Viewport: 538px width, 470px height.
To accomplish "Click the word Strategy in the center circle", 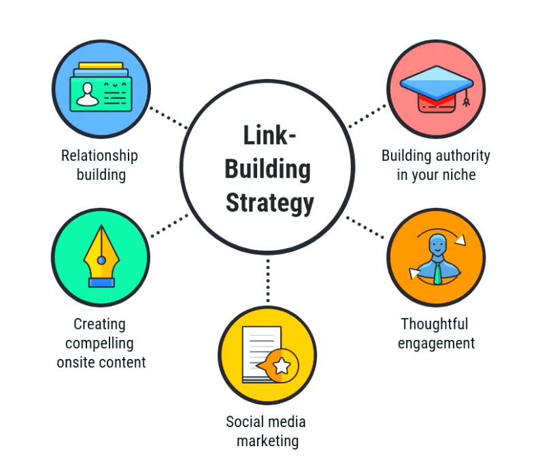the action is click(x=270, y=203).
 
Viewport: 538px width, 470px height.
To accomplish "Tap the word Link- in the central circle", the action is click(x=269, y=136).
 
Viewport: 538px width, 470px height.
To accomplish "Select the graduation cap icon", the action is click(x=437, y=89).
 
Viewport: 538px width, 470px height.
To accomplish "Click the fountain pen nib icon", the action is click(x=101, y=256).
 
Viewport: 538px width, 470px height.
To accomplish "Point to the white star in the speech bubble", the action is click(x=282, y=365).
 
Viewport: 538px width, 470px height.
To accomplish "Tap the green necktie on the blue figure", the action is click(x=437, y=273).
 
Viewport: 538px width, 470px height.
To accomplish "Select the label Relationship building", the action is click(x=100, y=165).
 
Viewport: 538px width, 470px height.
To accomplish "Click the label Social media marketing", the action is click(x=266, y=431).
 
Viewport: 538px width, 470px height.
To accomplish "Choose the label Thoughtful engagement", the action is click(x=436, y=334).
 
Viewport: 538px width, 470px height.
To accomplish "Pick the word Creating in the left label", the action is click(x=99, y=324).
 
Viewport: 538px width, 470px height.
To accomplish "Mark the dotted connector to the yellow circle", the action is click(x=268, y=281).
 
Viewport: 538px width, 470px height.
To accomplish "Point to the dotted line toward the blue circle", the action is click(x=169, y=118).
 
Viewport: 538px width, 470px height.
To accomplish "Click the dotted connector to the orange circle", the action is click(x=365, y=227).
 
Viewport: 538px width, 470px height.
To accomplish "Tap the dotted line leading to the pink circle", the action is click(x=367, y=116).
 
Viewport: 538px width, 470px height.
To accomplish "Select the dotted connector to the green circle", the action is click(x=169, y=225).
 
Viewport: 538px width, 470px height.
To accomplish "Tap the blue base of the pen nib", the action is click(x=101, y=283).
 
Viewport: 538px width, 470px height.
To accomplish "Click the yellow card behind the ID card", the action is click(x=101, y=65).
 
